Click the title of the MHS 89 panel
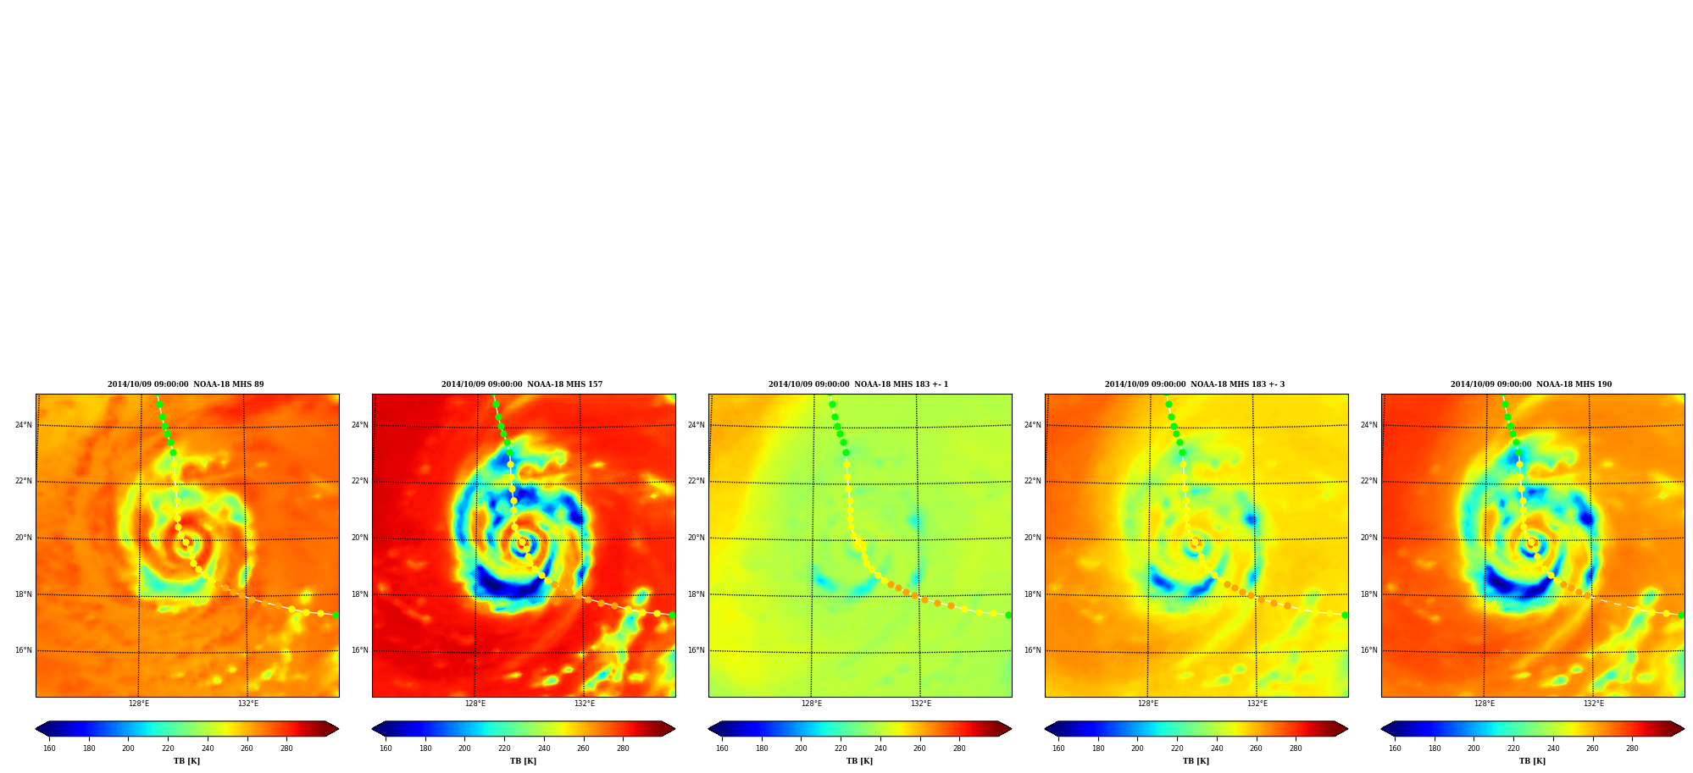(x=186, y=384)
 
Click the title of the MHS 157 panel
(x=522, y=384)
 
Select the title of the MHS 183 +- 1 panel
(x=858, y=384)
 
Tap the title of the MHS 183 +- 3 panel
(x=1195, y=384)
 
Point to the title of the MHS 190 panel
(x=1531, y=384)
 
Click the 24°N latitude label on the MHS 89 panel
(x=23, y=425)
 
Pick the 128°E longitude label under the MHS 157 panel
(x=475, y=704)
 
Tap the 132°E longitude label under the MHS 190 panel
(x=1594, y=704)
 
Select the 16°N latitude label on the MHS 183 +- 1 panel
(x=696, y=650)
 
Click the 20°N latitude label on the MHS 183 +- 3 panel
(x=1032, y=538)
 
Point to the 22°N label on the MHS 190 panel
(x=1368, y=481)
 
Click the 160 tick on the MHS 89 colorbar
(x=49, y=748)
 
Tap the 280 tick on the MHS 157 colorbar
(x=623, y=748)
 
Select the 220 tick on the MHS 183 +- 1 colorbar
(x=841, y=748)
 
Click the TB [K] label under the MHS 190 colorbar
(x=1532, y=761)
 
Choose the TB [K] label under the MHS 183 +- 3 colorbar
(x=1196, y=761)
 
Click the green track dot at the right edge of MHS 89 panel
(x=336, y=615)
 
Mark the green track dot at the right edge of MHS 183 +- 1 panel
(x=1008, y=615)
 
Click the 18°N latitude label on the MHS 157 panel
(x=359, y=594)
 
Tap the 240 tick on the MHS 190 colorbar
(x=1553, y=748)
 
